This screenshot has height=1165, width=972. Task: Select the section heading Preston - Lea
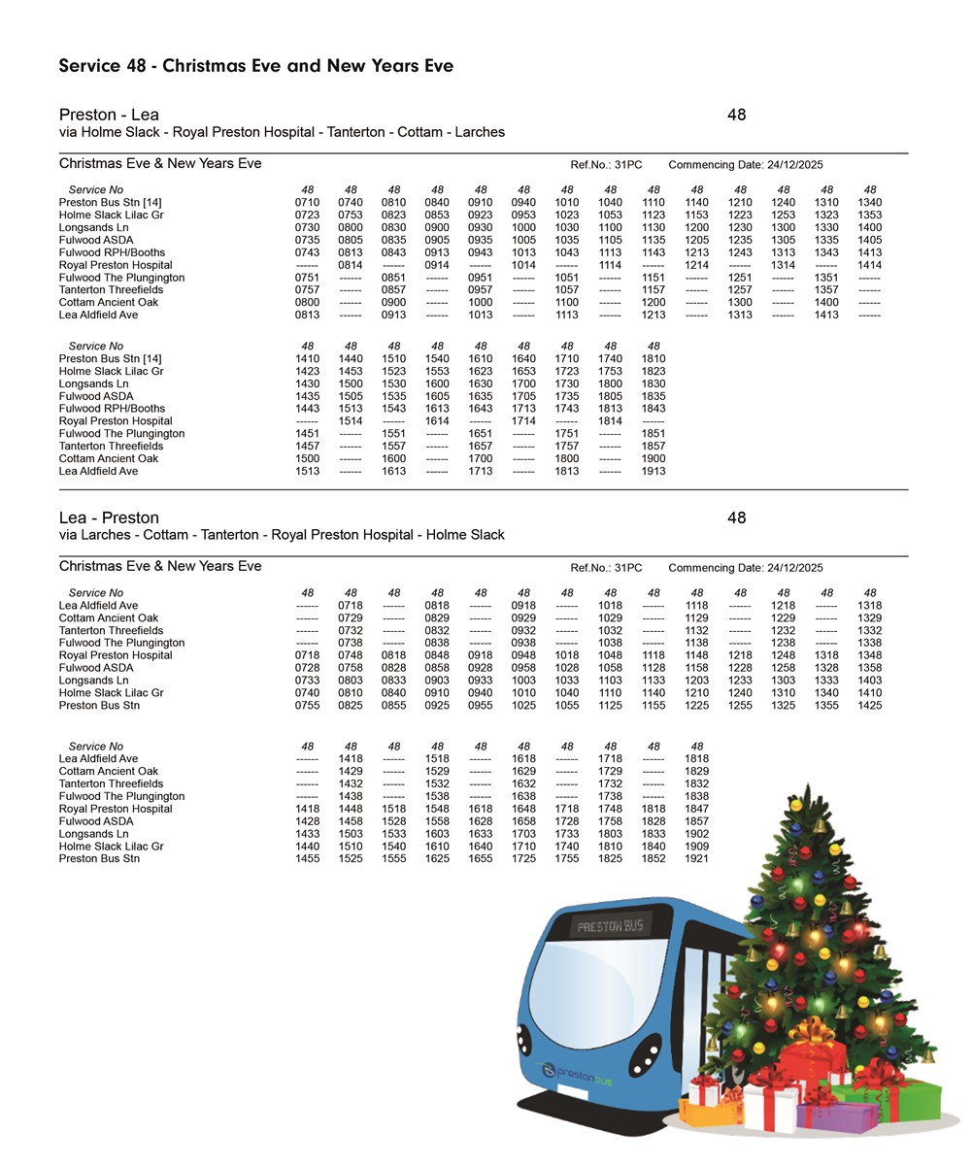(109, 115)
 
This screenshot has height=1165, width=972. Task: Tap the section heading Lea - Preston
(109, 517)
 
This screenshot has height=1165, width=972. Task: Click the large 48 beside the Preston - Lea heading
(736, 115)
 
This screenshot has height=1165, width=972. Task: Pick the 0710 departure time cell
(307, 202)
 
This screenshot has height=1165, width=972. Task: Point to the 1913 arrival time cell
(654, 471)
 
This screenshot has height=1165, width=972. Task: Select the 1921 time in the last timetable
(696, 859)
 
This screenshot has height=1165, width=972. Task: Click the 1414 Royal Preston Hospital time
(870, 265)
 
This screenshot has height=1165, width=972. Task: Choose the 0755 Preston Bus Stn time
(307, 706)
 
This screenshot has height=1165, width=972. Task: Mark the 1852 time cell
(654, 859)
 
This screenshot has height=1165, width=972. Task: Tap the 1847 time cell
(696, 809)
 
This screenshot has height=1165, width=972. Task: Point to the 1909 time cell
(696, 847)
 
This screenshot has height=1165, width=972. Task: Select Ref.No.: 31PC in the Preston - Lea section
(606, 165)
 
